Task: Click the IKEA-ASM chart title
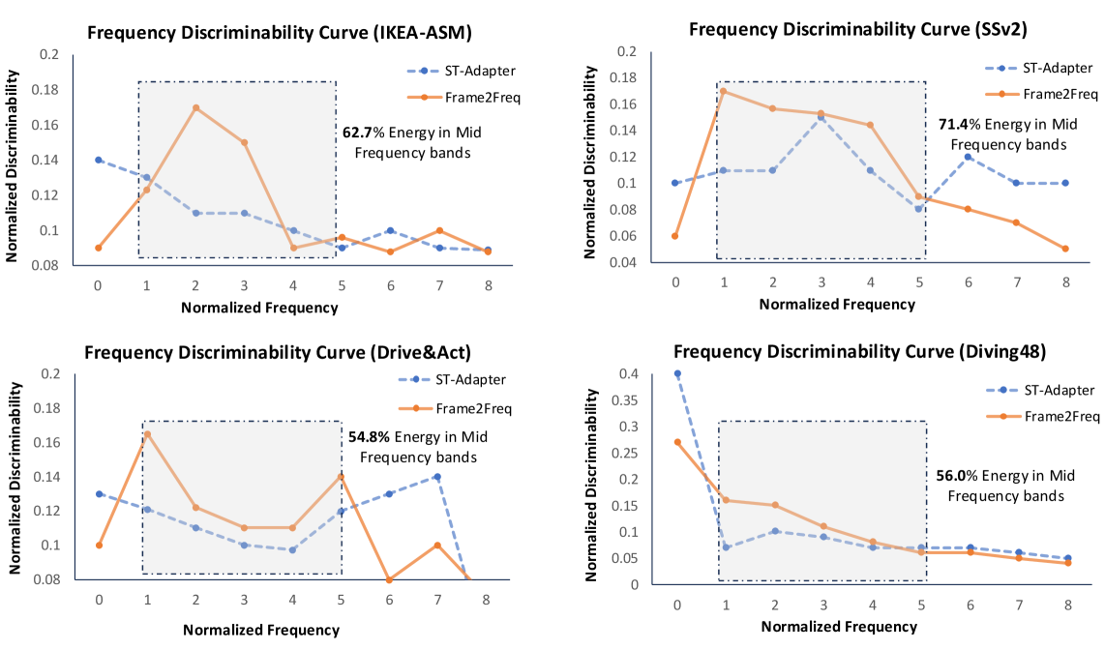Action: point(279,34)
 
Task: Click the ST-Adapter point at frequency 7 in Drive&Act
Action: point(437,476)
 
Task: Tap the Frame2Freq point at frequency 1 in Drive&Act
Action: point(148,433)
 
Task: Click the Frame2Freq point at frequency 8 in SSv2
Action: point(1065,249)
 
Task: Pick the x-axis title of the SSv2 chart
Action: point(836,304)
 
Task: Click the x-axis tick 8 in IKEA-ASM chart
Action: point(487,285)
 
